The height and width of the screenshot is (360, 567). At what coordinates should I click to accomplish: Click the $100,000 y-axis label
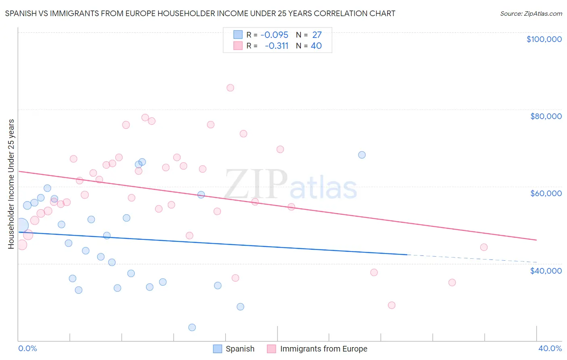(x=544, y=39)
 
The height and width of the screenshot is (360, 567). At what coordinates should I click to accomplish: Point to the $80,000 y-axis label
(x=546, y=116)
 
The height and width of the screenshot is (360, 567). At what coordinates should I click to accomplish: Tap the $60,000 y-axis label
(x=546, y=193)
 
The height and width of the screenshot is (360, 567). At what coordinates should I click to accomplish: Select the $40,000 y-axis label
(x=546, y=271)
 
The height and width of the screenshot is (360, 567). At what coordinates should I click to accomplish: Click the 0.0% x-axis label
(x=27, y=349)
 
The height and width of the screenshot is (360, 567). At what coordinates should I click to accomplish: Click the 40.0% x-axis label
(x=550, y=349)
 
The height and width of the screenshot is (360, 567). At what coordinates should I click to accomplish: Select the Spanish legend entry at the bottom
(x=240, y=349)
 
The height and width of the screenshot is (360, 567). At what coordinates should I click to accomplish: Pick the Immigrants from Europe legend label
(x=323, y=349)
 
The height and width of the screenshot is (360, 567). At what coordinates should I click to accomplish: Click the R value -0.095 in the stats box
(x=274, y=35)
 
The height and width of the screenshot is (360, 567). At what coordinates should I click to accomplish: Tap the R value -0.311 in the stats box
(x=277, y=46)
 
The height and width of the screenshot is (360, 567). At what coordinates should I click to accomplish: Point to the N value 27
(x=317, y=35)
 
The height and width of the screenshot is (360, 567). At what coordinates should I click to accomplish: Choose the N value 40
(x=316, y=46)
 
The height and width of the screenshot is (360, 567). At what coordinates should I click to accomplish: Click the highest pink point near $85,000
(x=230, y=88)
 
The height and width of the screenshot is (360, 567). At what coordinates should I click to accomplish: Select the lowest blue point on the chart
(x=192, y=327)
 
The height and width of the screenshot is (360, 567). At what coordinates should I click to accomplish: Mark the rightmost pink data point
(x=484, y=247)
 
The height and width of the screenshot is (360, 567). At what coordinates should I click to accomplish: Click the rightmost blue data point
(x=362, y=155)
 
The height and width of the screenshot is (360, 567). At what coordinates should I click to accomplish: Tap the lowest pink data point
(x=392, y=305)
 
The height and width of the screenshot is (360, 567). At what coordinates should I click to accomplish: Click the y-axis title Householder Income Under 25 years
(x=11, y=184)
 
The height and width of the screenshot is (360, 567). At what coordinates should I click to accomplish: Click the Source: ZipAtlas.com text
(x=531, y=14)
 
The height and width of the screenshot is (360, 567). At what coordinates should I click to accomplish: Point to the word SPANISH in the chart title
(x=20, y=14)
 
